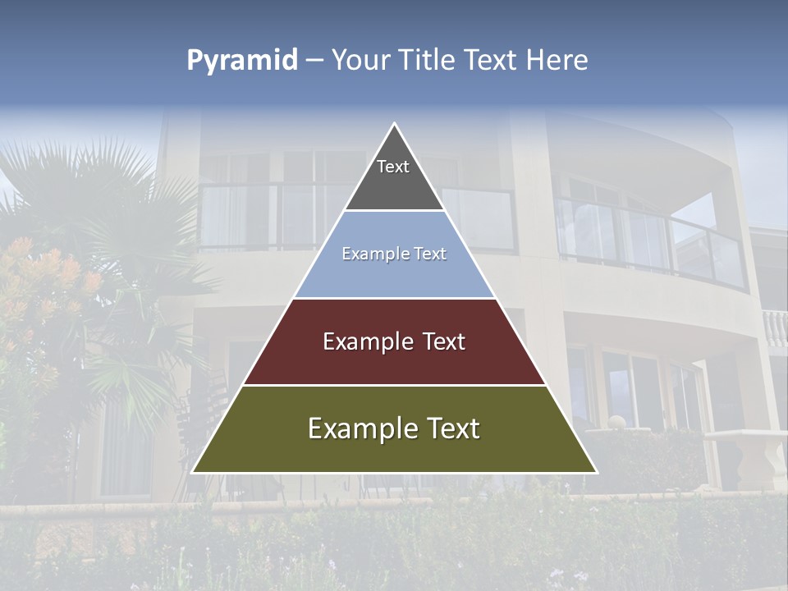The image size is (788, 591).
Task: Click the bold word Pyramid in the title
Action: tap(242, 61)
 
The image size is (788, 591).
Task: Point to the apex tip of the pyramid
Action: tap(395, 125)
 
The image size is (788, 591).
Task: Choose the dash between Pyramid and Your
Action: tap(314, 61)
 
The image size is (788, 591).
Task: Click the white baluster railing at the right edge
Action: tap(775, 328)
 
